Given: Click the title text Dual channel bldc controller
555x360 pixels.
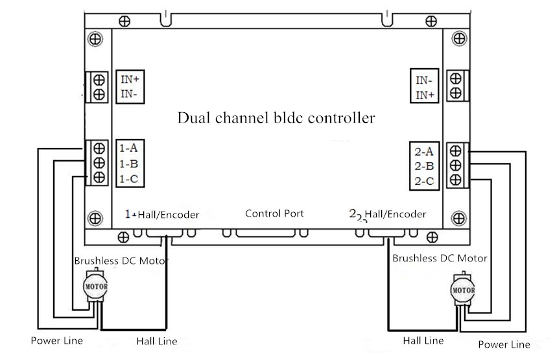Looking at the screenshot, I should coord(276,119).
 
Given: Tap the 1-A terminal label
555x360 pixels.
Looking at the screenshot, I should coord(128,147).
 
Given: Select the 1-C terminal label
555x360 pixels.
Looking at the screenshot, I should coord(128,178).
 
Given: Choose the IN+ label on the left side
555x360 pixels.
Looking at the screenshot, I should coord(130,80).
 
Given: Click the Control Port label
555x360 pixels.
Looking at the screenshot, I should coord(274,213).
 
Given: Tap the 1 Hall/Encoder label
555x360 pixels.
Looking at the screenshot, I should coord(162,214).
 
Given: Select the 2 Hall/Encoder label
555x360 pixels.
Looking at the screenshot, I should coord(388,214).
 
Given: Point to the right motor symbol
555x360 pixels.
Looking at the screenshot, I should coord(463,289).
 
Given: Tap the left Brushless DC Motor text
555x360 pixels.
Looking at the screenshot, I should coord(121,261).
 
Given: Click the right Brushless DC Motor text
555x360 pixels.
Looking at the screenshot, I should coord(440,258).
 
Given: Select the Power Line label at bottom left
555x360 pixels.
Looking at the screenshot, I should coord(56,341).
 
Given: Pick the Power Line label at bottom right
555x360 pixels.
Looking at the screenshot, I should coord(504,344).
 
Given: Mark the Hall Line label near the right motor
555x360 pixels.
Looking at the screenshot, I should coord(423,341).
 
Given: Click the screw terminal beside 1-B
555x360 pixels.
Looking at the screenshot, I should coord(100,162).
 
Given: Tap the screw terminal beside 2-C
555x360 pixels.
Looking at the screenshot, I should coord(455,180).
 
